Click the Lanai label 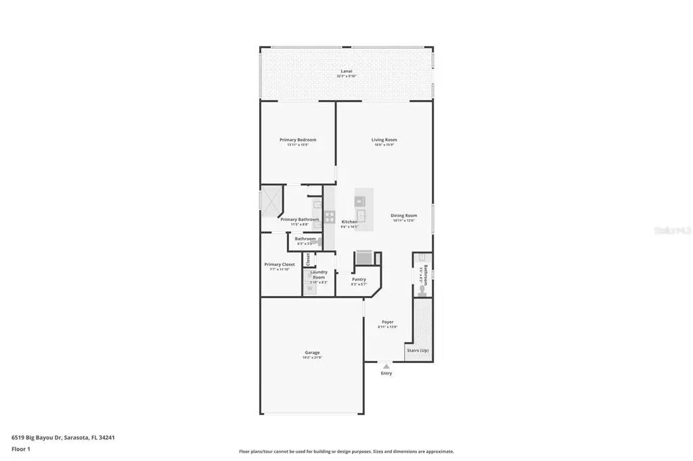[346, 71]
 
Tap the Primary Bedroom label [298, 140]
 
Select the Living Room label [384, 140]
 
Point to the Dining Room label [403, 216]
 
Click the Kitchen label [349, 222]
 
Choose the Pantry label [359, 279]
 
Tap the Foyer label [387, 322]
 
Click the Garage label [312, 352]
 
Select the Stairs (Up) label [417, 350]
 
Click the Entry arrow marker [386, 366]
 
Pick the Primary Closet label [279, 264]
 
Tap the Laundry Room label [319, 274]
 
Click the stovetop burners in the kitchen [330, 217]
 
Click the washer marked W [310, 289]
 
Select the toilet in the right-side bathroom [422, 291]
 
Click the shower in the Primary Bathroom [271, 201]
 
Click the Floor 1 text [21, 448]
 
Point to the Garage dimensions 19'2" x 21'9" [312, 358]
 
